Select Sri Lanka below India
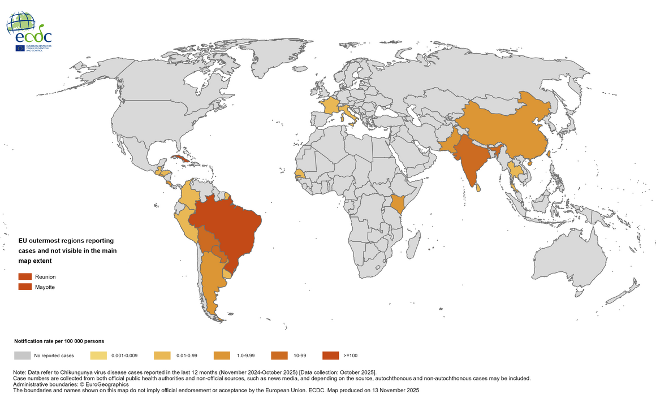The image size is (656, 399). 478,187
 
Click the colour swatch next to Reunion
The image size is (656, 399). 25,277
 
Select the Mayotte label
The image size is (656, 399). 45,287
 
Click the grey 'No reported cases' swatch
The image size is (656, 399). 22,355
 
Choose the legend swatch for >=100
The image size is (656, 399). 330,355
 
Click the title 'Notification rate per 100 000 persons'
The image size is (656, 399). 59,341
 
